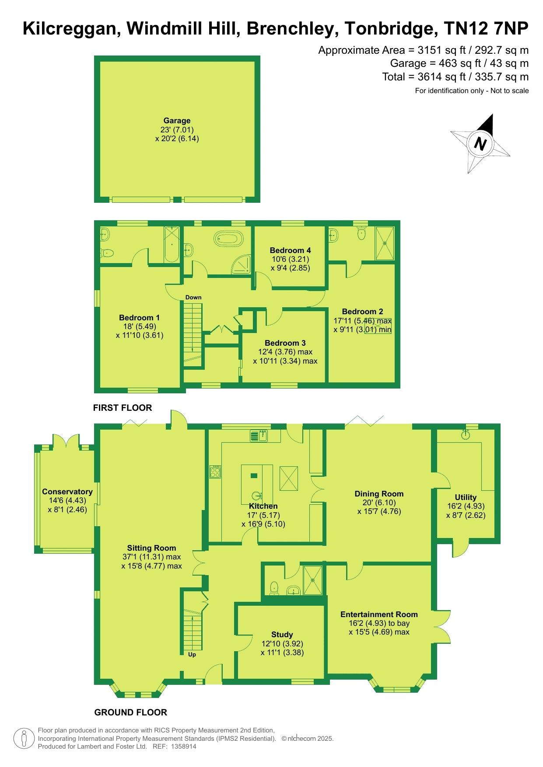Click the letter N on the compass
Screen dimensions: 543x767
click(481, 143)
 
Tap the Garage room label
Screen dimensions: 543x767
click(177, 121)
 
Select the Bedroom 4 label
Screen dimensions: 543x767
click(290, 250)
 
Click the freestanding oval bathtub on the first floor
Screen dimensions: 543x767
click(228, 239)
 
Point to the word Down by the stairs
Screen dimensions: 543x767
click(193, 297)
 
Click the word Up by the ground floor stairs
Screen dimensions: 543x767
click(192, 655)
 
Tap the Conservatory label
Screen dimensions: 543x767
click(67, 492)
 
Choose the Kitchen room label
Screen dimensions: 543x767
click(263, 506)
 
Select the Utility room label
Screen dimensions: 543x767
click(466, 497)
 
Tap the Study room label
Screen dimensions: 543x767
click(282, 635)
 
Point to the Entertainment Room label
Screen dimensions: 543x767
click(379, 614)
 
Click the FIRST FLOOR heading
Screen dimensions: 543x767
click(123, 408)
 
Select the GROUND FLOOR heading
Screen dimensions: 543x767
click(131, 712)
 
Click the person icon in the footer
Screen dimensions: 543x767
click(24, 738)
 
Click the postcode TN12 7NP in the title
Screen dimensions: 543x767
click(486, 29)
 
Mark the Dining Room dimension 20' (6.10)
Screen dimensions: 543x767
click(379, 503)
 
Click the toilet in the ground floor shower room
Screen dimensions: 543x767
click(275, 587)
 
